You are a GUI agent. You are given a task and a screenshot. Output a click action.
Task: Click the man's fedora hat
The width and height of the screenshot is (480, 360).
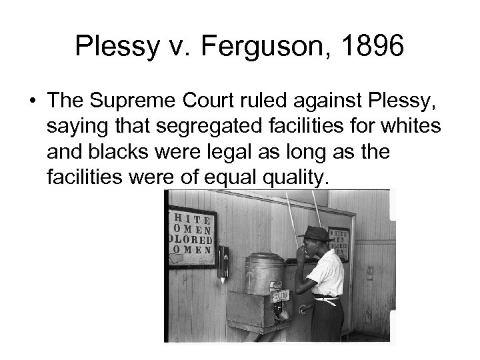tap(314, 233)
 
